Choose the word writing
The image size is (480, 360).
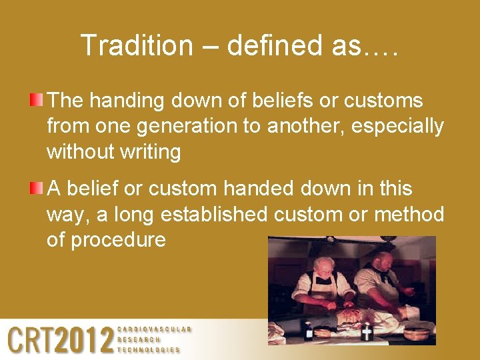(150, 152)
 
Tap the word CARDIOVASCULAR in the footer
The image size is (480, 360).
(154, 329)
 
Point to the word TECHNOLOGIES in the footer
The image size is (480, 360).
(149, 349)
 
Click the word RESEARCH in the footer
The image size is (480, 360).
(139, 339)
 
